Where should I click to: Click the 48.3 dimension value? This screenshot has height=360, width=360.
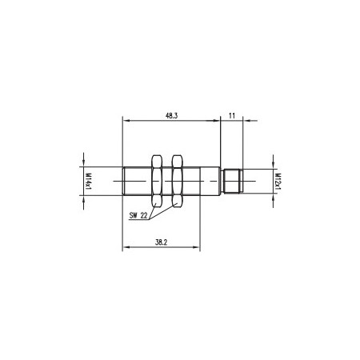170,116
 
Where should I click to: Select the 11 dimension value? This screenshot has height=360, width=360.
231,116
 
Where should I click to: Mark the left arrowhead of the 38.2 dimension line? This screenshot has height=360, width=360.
125,246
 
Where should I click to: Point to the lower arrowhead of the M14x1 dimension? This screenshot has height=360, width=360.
83,199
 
